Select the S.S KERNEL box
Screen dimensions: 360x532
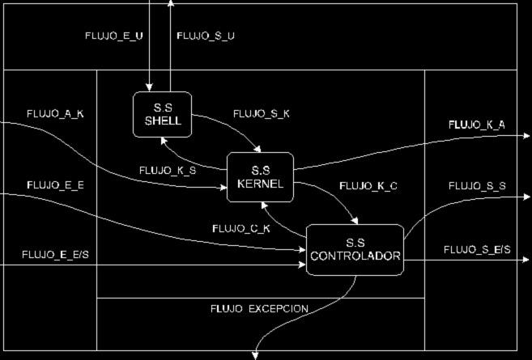pyautogui.click(x=261, y=176)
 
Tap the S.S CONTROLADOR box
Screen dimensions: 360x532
pyautogui.click(x=355, y=249)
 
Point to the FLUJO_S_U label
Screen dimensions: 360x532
pyautogui.click(x=206, y=35)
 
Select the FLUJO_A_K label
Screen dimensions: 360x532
pyautogui.click(x=55, y=114)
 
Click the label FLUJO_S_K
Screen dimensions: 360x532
pyautogui.click(x=261, y=114)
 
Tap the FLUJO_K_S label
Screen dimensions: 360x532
pyautogui.click(x=167, y=171)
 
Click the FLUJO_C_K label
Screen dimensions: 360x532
pyautogui.click(x=240, y=228)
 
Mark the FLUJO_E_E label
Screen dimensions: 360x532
pyautogui.click(x=55, y=185)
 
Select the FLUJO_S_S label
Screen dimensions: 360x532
pyautogui.click(x=477, y=186)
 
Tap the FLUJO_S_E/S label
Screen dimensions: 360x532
pyautogui.click(x=477, y=249)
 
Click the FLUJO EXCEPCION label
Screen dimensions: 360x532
pyautogui.click(x=259, y=309)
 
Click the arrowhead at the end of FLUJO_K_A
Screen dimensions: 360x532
pyautogui.click(x=526, y=136)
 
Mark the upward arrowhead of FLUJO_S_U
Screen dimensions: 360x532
pyautogui.click(x=171, y=4)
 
